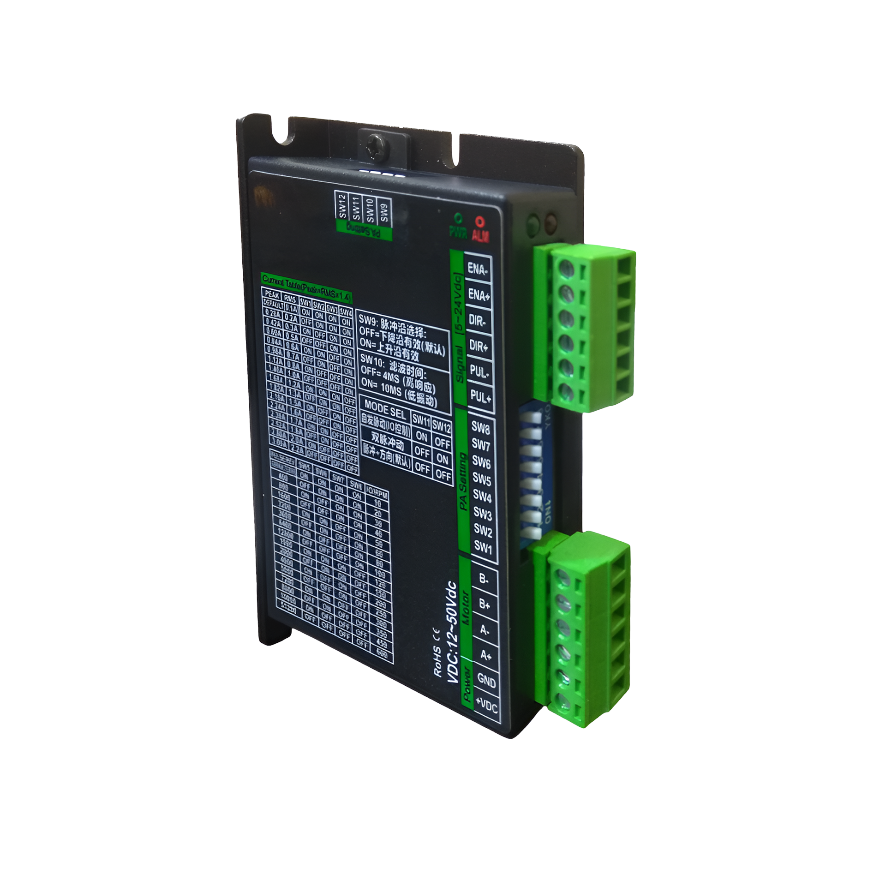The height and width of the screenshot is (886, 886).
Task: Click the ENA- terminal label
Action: click(x=477, y=268)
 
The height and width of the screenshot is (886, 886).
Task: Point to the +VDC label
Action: click(x=487, y=706)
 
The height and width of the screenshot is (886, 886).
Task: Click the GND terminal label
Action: click(x=486, y=680)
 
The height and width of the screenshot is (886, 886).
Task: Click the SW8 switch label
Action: click(x=480, y=428)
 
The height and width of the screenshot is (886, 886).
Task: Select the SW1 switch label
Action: click(x=483, y=548)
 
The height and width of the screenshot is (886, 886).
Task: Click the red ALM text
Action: click(x=480, y=235)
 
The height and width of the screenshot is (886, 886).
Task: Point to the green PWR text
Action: click(x=458, y=231)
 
